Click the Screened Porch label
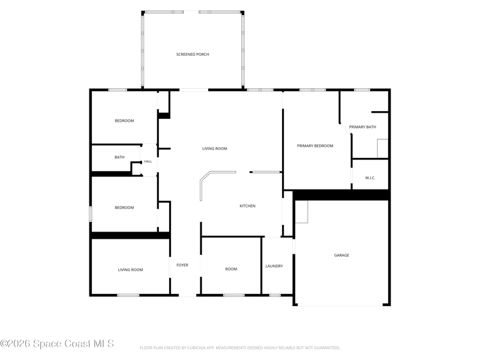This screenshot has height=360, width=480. pos(193,55)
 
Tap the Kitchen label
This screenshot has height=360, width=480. pos(247,206)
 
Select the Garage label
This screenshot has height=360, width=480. pos(341,256)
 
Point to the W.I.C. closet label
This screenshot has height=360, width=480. pos(370,178)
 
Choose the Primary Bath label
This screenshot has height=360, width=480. pos(362,127)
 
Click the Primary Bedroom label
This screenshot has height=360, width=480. pos(315,146)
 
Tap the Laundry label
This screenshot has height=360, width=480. pos(274,266)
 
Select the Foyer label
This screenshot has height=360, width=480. pos(182,265)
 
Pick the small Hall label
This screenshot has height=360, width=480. pos(148,161)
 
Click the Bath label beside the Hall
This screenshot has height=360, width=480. pos(119,157)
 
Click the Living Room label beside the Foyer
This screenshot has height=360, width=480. pos(130,270)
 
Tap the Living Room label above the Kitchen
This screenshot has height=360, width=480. pos(215,149)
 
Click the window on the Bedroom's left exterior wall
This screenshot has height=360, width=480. pos(91,214)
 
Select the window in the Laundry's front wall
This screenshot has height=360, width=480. pos(275,295)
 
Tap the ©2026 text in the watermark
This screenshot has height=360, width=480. pos(16,344)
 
